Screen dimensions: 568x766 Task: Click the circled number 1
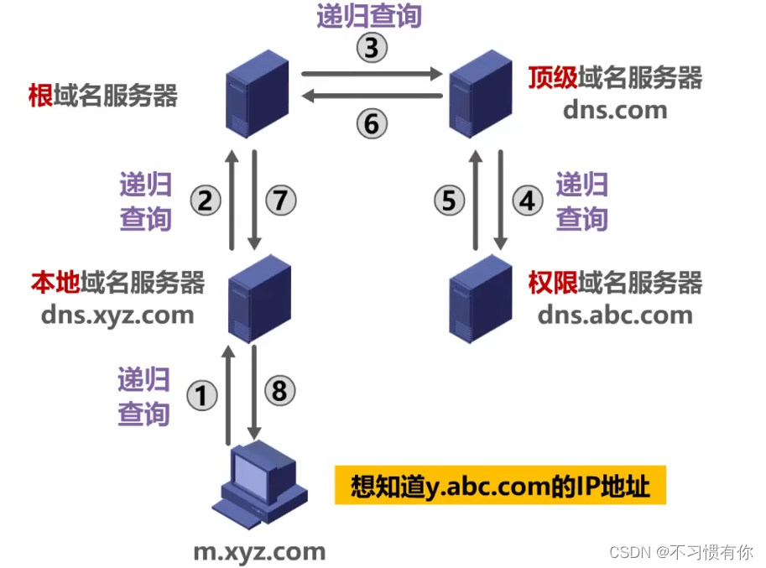click(201, 394)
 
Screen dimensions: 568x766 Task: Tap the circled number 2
click(206, 201)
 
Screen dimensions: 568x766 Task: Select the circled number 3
click(372, 50)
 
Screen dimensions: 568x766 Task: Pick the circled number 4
click(528, 201)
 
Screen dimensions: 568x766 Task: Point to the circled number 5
click(449, 201)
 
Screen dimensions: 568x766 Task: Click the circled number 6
click(372, 124)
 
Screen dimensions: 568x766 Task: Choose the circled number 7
click(281, 201)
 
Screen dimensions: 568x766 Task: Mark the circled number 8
click(280, 390)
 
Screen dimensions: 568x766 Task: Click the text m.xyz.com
click(259, 551)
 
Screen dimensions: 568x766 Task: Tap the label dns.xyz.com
click(117, 315)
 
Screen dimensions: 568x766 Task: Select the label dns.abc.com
click(615, 315)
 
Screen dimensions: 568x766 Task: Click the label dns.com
click(615, 109)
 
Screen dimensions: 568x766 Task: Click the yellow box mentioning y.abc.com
click(500, 486)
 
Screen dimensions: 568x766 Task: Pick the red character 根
click(41, 96)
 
